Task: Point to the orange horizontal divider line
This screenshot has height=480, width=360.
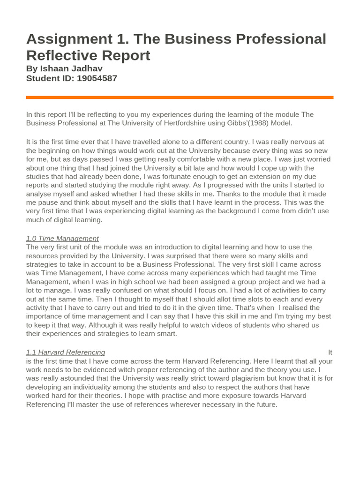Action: (180, 97)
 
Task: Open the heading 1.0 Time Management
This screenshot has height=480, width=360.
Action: (62, 239)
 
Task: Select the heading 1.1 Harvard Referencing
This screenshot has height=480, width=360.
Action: (66, 352)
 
